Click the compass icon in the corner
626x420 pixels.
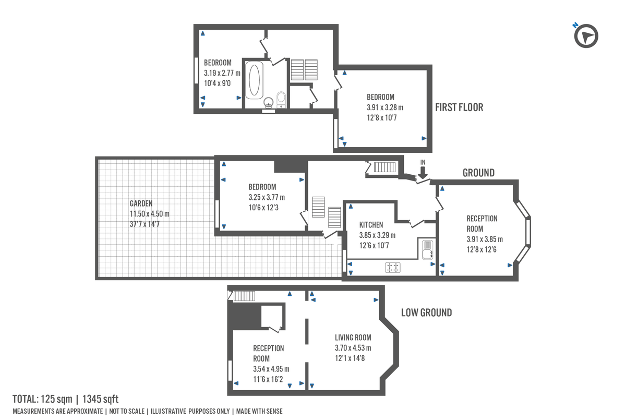tap(586, 37)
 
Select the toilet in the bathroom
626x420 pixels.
tap(281, 98)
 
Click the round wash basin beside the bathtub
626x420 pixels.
tap(269, 102)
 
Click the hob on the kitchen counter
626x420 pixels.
tap(393, 268)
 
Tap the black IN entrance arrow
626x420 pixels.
tap(423, 171)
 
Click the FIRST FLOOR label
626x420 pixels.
tap(459, 107)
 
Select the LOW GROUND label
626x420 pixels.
tap(426, 313)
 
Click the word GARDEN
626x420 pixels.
tap(141, 204)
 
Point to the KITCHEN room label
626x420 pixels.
tap(371, 225)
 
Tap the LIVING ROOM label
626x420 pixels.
tap(353, 338)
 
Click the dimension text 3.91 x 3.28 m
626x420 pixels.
tap(385, 107)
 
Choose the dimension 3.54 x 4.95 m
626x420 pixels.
tap(271, 369)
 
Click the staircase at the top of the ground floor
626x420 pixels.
tap(385, 167)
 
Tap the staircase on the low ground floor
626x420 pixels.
tap(244, 296)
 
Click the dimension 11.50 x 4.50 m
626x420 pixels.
tap(149, 214)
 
